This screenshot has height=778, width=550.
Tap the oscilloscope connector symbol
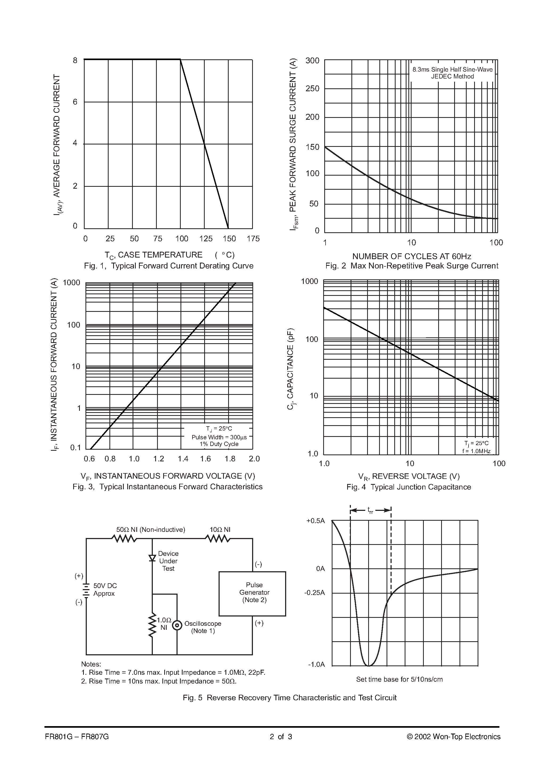pos(177,625)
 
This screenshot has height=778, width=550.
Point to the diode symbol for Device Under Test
pos(152,558)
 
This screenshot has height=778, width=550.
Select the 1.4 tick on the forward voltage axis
pos(183,459)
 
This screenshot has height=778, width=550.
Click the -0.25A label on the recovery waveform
pos(314,593)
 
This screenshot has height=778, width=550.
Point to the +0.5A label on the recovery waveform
pos(315,521)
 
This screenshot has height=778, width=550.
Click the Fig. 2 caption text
pos(412,266)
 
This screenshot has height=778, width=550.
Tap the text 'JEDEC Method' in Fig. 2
pos(452,77)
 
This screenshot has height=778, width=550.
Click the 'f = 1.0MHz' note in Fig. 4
pos(476,451)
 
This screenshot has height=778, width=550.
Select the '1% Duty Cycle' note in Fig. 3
pos(219,444)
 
